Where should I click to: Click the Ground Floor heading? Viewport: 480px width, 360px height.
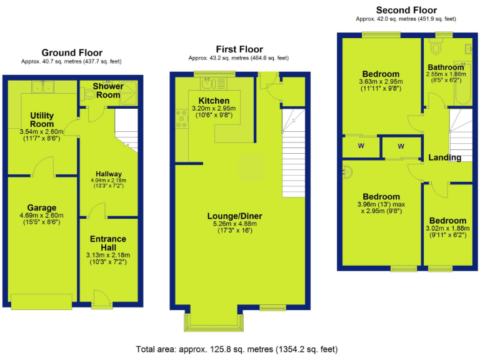point(72,53)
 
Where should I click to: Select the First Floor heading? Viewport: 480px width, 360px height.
point(239,49)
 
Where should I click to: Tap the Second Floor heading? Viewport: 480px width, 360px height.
point(406,10)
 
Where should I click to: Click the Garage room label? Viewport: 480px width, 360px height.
point(42,208)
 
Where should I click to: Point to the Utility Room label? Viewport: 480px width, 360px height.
point(42,120)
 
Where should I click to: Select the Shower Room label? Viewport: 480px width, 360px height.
point(108,90)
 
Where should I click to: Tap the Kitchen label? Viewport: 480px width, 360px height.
point(214,101)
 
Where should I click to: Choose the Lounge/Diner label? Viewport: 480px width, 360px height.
point(234,216)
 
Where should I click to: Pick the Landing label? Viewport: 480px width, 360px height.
point(445,157)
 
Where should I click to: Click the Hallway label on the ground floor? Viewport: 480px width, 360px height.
point(109,174)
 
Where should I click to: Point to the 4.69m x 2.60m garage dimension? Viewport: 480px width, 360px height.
point(42,216)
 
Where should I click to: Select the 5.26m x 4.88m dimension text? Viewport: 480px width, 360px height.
point(234,225)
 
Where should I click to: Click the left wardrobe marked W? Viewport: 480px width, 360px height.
point(361,146)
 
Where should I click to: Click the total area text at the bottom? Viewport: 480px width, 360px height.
point(239,348)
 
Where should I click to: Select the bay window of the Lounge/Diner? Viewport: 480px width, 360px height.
point(215,319)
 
